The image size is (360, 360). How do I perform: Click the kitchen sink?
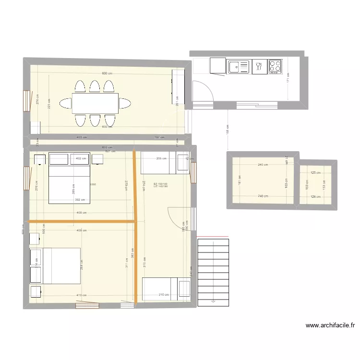(239, 66)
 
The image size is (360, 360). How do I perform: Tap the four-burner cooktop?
(276, 66)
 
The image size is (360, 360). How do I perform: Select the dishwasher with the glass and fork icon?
(260, 66)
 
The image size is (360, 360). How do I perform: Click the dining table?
(95, 103)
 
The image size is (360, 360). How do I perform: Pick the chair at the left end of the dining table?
(65, 103)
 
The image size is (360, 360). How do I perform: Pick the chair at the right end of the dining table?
(125, 103)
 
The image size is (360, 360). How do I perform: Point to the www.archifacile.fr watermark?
(330, 325)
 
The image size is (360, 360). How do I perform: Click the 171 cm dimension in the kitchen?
(288, 77)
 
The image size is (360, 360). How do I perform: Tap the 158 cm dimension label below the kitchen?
(227, 129)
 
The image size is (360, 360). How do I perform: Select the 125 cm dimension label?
(315, 173)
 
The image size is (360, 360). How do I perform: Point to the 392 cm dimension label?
(80, 200)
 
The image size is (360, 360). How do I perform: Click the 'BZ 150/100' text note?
(160, 184)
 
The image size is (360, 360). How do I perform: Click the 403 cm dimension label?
(82, 137)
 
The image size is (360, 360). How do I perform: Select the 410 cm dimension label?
(82, 295)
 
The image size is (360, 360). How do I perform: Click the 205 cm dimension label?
(161, 158)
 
